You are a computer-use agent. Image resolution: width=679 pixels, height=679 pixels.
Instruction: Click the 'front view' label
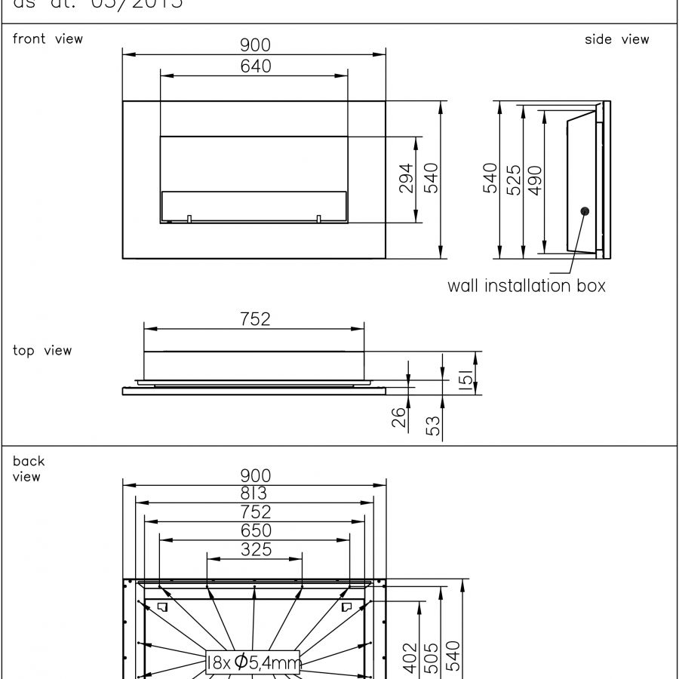pos(48,38)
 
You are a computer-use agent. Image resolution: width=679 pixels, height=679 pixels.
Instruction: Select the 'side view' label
pos(616,39)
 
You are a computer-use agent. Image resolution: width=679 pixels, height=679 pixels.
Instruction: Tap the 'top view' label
pos(42,350)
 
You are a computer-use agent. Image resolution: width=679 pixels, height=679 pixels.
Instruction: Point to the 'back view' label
pos(29,469)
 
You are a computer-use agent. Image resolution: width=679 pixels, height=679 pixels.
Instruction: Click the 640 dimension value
pos(256,66)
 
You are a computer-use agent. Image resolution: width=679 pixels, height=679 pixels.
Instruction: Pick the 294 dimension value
pos(406,179)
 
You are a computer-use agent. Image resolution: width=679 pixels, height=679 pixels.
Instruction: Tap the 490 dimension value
pos(535,180)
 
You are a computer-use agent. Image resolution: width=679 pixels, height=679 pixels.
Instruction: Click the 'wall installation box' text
pos(526,286)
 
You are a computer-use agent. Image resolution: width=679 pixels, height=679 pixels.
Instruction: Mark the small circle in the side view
pos(584,210)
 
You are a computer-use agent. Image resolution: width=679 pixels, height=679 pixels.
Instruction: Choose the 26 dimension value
pos(399,417)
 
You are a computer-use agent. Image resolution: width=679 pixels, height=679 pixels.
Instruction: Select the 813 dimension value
pos(256,493)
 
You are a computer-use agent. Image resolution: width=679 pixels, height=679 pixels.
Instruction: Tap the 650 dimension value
pos(256,530)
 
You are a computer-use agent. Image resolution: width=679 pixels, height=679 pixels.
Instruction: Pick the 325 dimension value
pos(256,549)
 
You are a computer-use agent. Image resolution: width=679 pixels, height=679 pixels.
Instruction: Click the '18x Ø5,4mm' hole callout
pos(253,662)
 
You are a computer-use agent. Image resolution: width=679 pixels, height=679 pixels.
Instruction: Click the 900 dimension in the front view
pos(256,45)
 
